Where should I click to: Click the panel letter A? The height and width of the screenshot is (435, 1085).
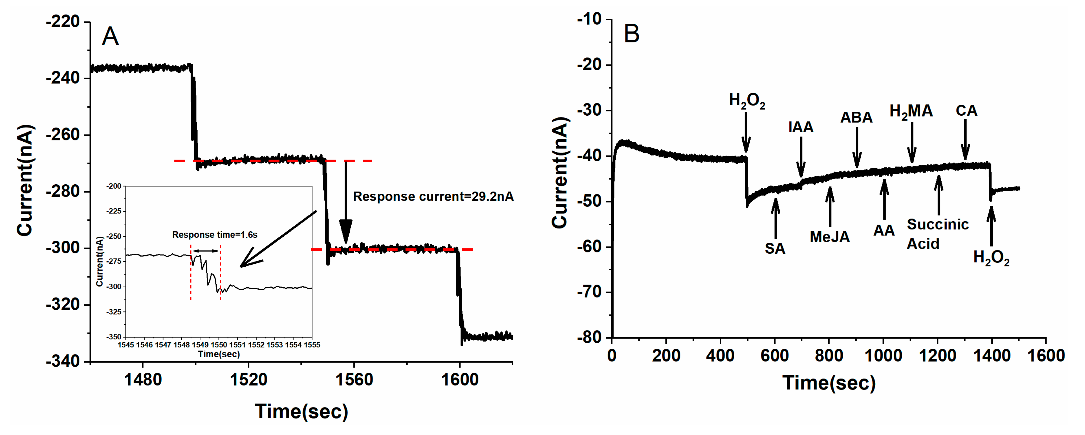click(x=110, y=36)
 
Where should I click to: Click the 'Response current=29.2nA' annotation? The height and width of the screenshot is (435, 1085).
click(x=433, y=196)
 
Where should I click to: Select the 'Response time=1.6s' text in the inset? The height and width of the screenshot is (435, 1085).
click(x=215, y=235)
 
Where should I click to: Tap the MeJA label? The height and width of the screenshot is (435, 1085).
click(x=829, y=237)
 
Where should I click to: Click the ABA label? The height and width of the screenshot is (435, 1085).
click(x=856, y=117)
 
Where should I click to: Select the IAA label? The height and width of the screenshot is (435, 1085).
click(x=801, y=127)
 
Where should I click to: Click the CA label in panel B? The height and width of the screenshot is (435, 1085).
click(x=966, y=110)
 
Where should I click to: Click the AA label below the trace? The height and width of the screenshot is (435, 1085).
click(x=884, y=231)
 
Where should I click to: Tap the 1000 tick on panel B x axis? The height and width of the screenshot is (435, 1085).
click(x=883, y=356)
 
